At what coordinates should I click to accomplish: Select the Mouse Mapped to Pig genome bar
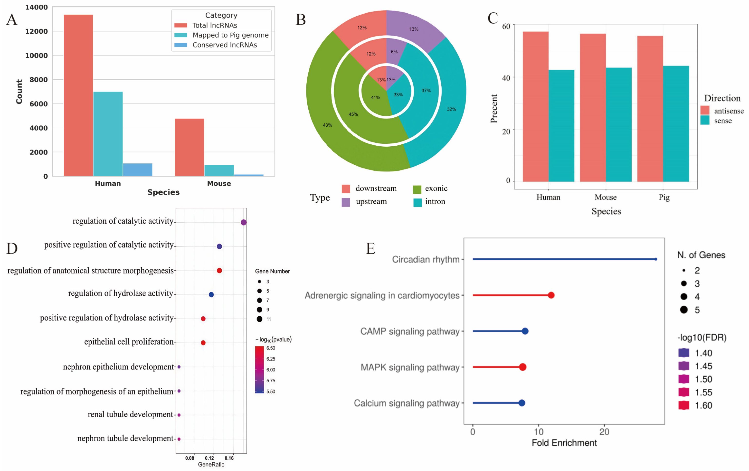point(219,170)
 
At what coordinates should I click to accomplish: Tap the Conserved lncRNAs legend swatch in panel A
point(181,45)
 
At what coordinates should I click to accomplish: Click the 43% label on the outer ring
point(327,125)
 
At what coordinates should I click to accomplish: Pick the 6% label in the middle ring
point(394,52)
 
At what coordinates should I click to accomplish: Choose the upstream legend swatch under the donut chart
point(346,202)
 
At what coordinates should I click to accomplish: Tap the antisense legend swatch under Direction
point(705,110)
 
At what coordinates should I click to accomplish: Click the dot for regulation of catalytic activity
point(244,222)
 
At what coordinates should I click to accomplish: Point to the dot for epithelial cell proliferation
point(203,342)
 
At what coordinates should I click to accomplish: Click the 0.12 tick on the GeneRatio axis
point(209,458)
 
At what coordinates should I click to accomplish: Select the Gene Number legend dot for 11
point(259,319)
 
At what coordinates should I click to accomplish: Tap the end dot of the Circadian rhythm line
point(656,259)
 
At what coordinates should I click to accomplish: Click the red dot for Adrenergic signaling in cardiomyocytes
point(551,295)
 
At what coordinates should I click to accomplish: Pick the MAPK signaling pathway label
point(410,367)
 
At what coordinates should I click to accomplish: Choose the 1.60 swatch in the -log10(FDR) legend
point(684,405)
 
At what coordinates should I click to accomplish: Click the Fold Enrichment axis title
point(564,443)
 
